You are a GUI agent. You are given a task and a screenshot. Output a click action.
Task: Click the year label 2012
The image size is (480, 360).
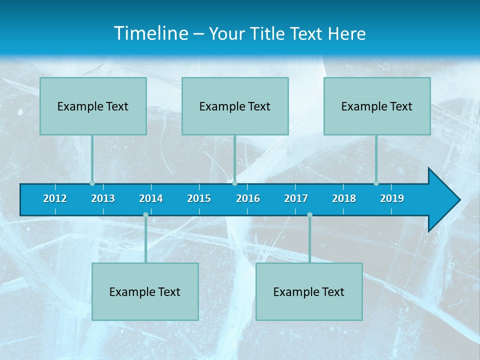55,198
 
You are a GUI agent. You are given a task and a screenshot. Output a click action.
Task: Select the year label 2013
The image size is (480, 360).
103,198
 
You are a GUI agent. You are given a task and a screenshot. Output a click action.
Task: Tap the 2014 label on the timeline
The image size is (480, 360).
151,198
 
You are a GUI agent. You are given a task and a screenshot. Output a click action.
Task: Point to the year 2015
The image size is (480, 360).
199,198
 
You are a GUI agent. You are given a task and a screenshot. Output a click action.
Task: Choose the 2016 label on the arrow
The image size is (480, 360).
248,198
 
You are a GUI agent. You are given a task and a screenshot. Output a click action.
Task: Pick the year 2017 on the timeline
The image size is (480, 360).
296,198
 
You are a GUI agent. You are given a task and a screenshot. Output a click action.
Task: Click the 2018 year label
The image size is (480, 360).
344,198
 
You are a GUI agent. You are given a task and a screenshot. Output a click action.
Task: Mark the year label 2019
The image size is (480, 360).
392,198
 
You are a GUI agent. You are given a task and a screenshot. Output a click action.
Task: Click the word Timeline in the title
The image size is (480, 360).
151,33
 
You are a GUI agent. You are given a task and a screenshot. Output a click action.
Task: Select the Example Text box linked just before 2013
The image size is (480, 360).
93,106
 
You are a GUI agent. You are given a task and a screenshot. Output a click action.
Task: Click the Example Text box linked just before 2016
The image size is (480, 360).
235,106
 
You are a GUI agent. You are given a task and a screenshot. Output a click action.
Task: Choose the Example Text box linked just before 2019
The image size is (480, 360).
377,106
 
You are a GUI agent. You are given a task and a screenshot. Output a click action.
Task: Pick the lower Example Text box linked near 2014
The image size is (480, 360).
145,291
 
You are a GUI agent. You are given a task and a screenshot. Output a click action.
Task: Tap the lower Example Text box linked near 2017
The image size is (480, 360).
309,291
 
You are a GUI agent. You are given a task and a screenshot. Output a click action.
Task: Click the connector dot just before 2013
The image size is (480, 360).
92,183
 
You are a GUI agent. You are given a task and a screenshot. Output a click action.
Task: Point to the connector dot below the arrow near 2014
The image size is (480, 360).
145,214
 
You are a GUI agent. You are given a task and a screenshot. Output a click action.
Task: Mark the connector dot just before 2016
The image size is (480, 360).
234,183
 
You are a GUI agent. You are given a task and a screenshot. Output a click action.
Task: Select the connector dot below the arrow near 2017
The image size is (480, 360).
309,214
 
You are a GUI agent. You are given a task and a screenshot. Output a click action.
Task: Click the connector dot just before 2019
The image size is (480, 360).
376,183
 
